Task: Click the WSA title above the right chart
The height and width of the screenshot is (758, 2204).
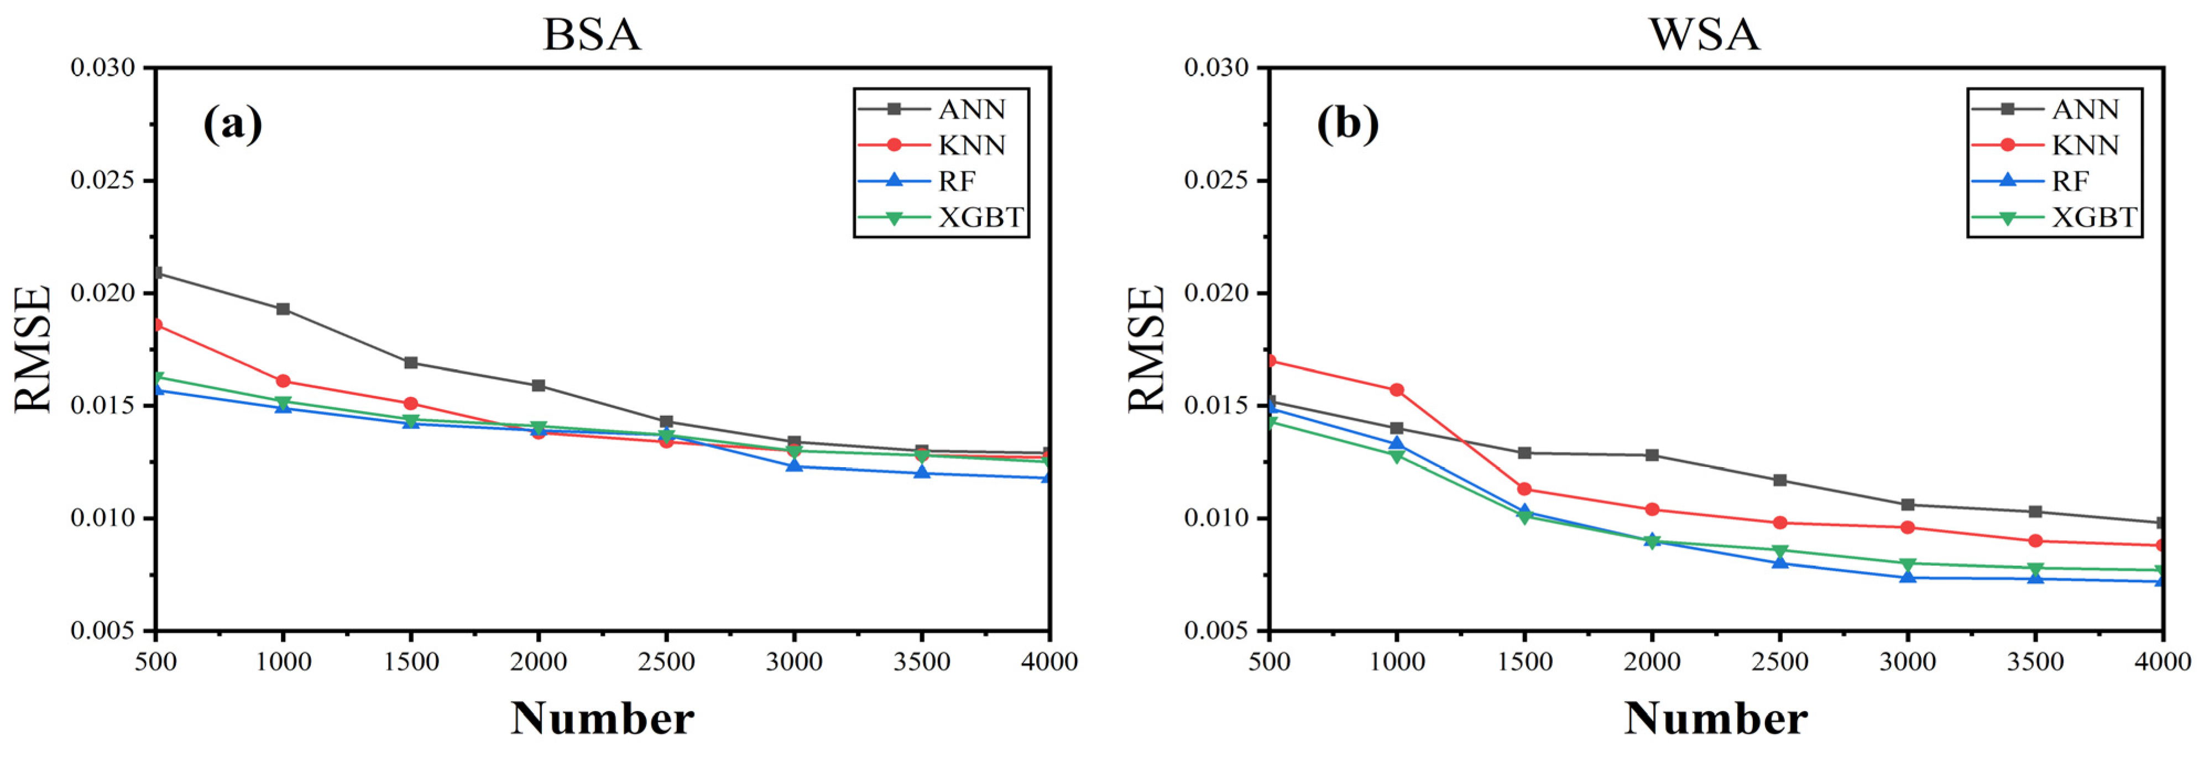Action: pos(1704,35)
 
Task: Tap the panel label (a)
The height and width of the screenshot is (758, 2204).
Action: pos(232,125)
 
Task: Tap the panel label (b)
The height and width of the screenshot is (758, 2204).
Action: pos(1347,125)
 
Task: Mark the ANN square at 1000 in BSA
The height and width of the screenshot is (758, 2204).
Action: pos(283,309)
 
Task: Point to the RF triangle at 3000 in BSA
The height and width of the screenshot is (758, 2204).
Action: pos(794,466)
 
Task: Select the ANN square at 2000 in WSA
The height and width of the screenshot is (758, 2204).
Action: pos(1652,455)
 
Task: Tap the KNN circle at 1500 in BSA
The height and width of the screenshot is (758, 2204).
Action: pos(411,404)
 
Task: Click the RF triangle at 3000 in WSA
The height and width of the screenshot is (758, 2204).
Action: pos(1908,577)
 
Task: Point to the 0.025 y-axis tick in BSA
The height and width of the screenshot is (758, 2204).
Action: pos(103,181)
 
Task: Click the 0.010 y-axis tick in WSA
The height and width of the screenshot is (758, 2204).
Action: pos(1216,519)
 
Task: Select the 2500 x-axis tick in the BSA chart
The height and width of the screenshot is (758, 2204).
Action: pos(666,661)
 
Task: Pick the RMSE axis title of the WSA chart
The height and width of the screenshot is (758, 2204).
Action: pos(1146,349)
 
